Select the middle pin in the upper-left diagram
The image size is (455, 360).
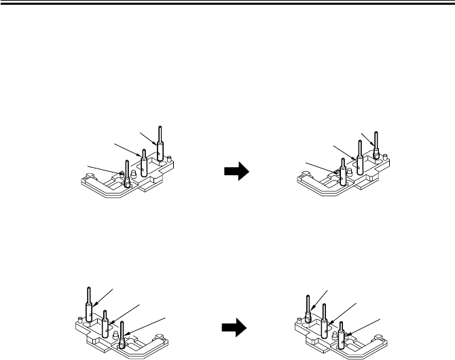click(143, 166)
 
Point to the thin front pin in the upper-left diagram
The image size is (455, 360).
click(126, 173)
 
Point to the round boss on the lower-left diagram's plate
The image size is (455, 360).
click(162, 337)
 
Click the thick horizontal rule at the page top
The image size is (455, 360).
click(227, 3)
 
